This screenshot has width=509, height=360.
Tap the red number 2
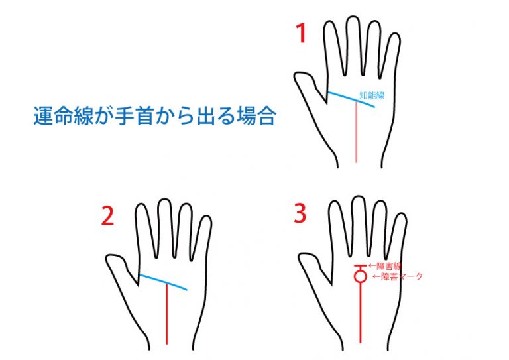107,216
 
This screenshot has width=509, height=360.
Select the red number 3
300,213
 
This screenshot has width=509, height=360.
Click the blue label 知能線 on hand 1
372,95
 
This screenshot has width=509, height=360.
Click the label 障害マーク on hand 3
401,276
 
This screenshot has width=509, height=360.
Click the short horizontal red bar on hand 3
361,266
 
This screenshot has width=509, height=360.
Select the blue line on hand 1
351,99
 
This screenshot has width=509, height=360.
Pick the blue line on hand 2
163,282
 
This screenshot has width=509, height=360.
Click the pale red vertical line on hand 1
357,132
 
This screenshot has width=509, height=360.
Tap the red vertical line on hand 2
167,313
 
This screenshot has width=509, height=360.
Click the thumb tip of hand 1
296,77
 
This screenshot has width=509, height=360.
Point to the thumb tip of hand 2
108,259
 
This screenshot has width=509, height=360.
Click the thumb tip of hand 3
300,259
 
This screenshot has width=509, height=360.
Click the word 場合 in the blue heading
256,116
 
